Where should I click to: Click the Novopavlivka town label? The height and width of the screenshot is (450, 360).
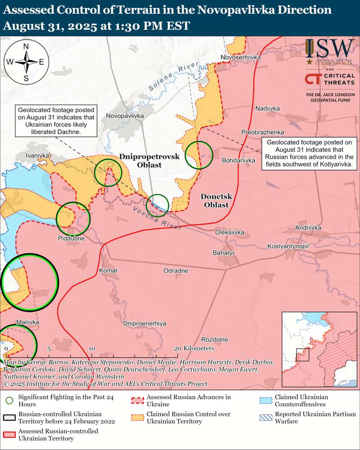click(x=125, y=116)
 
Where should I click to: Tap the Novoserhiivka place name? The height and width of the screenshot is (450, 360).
click(x=241, y=57)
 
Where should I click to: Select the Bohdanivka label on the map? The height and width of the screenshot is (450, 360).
click(x=238, y=160)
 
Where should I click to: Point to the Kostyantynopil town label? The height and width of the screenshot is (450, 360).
click(x=288, y=247)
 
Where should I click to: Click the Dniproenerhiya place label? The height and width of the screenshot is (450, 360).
click(x=145, y=324)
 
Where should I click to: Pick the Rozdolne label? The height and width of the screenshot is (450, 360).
click(x=214, y=339)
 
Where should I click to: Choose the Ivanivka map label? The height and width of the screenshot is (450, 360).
click(x=38, y=155)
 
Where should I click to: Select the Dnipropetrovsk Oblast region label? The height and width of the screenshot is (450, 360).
click(x=149, y=161)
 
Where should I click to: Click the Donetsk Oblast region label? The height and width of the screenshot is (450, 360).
click(x=215, y=201)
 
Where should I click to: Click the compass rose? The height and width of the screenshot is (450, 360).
click(x=26, y=62)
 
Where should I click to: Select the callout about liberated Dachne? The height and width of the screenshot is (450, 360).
click(x=56, y=121)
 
